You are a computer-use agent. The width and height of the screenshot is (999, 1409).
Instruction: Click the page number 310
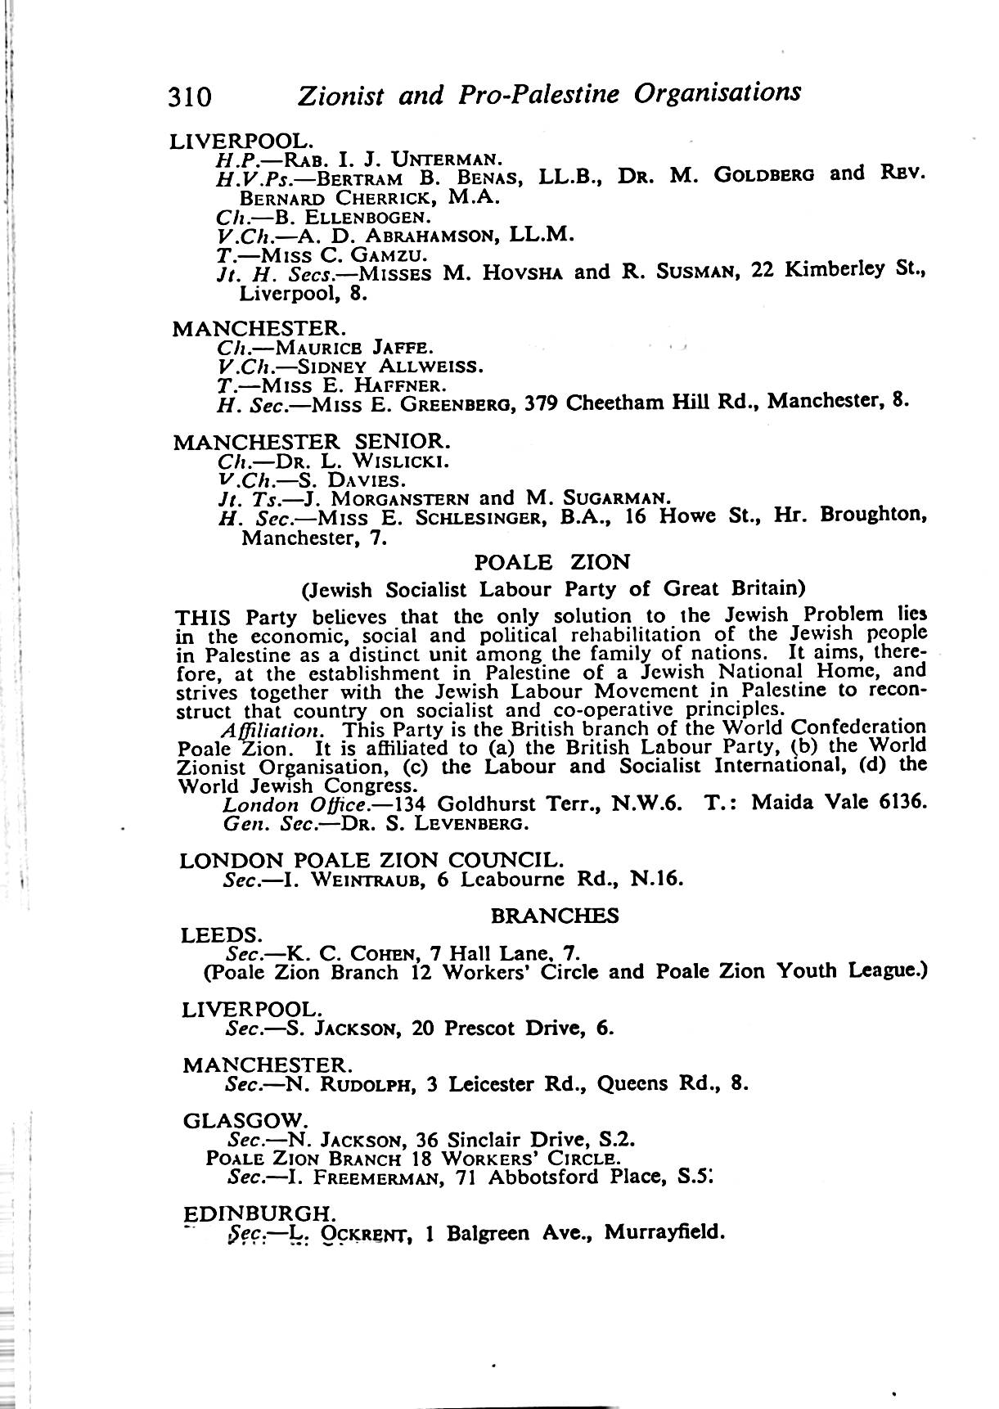[190, 97]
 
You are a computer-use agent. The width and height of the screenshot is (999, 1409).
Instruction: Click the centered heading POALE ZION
[552, 562]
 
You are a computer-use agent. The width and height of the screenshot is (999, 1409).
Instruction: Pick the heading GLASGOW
[245, 1120]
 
